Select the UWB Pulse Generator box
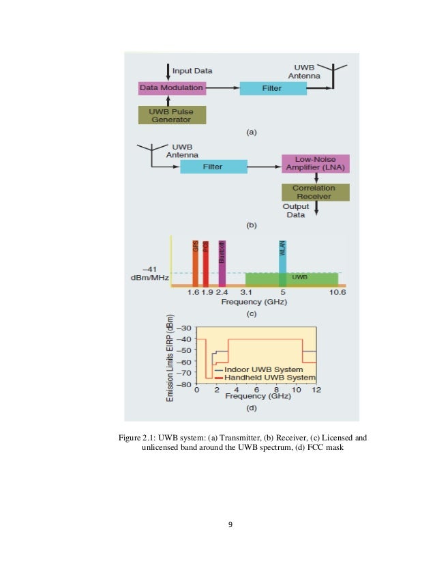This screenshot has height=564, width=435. click(x=171, y=115)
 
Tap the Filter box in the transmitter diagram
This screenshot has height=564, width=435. click(x=273, y=88)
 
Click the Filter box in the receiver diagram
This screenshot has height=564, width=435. click(x=213, y=166)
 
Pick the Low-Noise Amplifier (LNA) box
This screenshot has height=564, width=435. click(x=315, y=164)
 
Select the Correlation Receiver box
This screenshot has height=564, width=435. click(x=315, y=191)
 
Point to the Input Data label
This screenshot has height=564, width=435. click(x=192, y=71)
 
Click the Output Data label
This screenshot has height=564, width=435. click(x=295, y=210)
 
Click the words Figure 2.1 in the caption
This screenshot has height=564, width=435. click(x=136, y=438)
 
